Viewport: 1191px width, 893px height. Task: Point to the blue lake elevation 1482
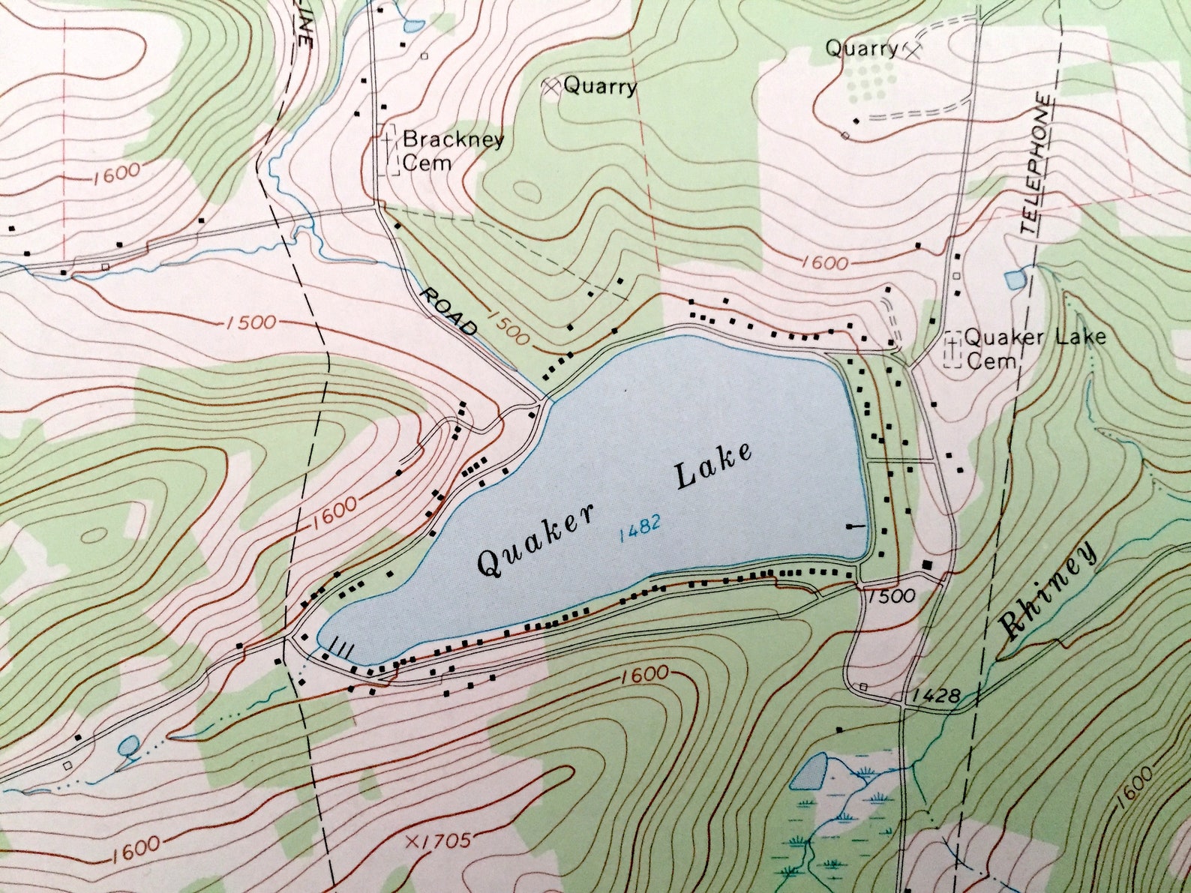tap(640, 528)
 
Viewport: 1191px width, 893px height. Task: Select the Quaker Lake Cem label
tap(1033, 348)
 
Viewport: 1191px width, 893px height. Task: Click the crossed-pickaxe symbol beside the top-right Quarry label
tap(912, 51)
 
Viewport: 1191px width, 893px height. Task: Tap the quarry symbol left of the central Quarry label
tap(551, 87)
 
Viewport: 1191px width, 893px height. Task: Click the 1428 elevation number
tap(936, 696)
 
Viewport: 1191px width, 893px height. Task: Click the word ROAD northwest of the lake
tap(448, 312)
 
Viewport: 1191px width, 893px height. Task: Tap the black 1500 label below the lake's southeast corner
tap(892, 595)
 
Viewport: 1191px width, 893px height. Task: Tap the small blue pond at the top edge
tap(412, 27)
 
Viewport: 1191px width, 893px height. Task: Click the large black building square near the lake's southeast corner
tap(927, 565)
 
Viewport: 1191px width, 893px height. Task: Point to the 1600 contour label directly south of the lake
tap(645, 673)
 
